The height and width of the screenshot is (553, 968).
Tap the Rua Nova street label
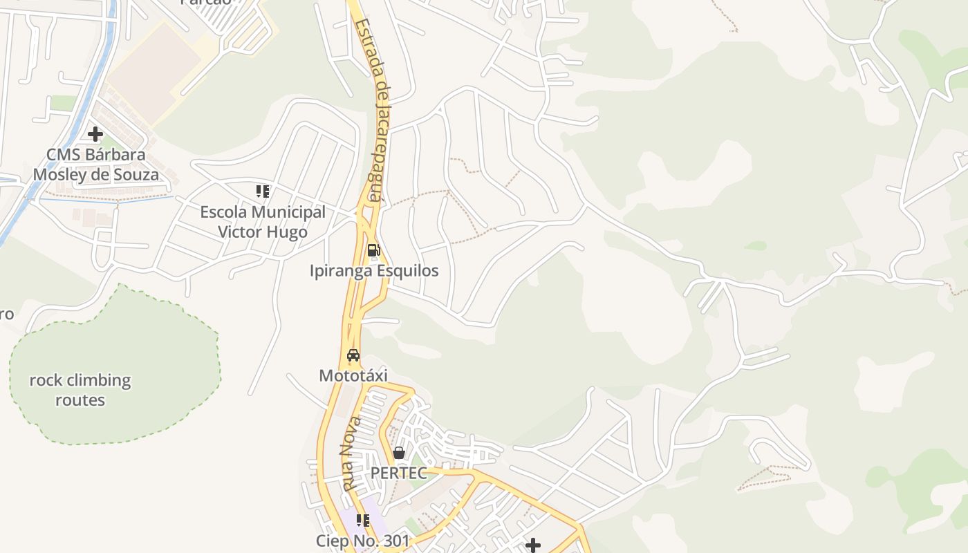click(352, 453)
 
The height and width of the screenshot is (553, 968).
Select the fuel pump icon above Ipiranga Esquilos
click(373, 250)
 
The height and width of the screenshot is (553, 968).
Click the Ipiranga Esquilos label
click(374, 270)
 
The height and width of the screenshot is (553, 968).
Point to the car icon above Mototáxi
click(353, 356)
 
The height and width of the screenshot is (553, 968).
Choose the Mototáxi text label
click(353, 375)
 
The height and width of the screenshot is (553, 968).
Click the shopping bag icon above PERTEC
click(399, 453)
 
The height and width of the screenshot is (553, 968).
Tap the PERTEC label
click(399, 473)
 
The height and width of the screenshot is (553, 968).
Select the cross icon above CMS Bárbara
click(95, 133)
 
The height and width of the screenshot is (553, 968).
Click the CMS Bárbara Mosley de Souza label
click(95, 165)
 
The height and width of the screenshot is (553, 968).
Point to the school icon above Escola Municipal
click(262, 191)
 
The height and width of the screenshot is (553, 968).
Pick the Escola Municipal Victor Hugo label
click(263, 222)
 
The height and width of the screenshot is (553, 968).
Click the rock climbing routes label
click(80, 390)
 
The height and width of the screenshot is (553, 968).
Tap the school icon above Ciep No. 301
click(363, 521)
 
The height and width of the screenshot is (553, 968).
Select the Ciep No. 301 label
click(363, 541)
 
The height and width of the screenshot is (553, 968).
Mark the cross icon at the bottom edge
click(532, 545)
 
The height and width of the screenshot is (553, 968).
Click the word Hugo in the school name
click(289, 232)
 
